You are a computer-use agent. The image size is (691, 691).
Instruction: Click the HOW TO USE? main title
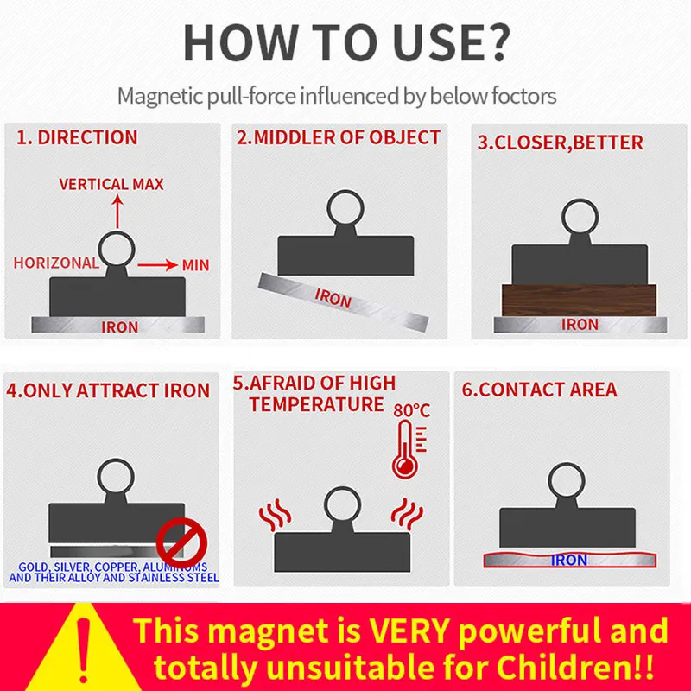pyautogui.click(x=345, y=41)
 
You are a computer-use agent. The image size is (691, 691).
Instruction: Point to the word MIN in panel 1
pyautogui.click(x=194, y=265)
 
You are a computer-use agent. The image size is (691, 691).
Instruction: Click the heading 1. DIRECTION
pyautogui.click(x=75, y=137)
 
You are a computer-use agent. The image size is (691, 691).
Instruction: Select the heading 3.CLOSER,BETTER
pyautogui.click(x=561, y=143)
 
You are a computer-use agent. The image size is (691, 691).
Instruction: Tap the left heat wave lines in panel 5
pyautogui.click(x=276, y=515)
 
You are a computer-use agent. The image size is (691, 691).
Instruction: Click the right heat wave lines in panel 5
pyautogui.click(x=405, y=515)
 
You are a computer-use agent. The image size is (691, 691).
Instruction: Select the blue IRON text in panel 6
pyautogui.click(x=569, y=560)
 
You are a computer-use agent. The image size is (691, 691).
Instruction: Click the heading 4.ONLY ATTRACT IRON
pyautogui.click(x=109, y=390)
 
